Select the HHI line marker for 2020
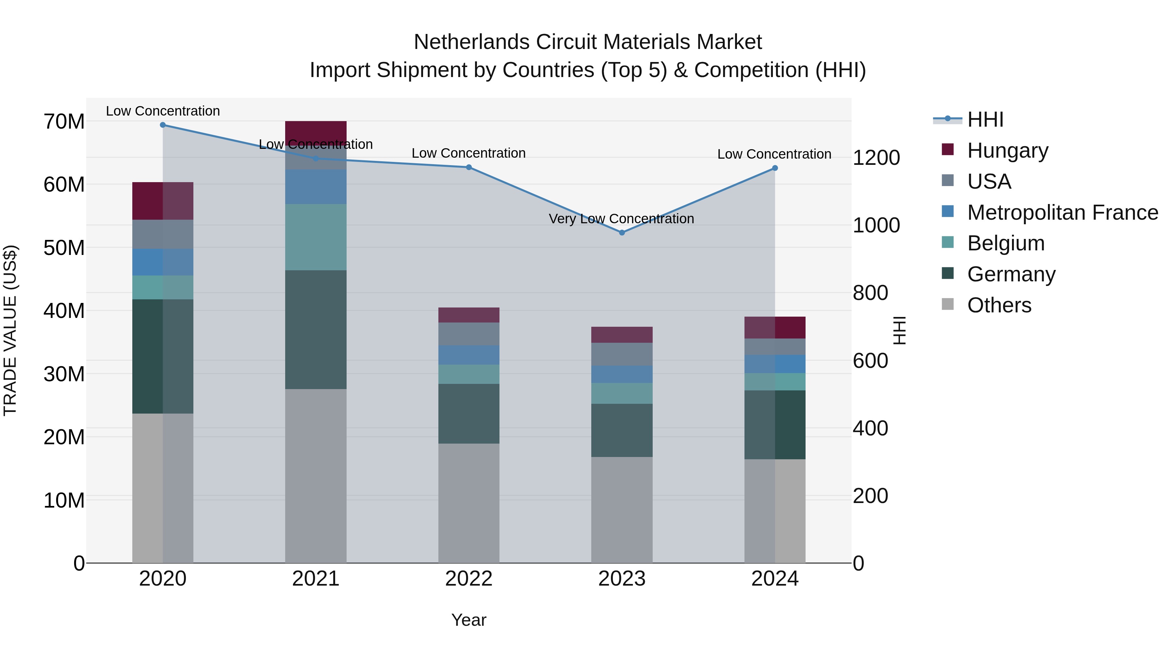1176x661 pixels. pos(163,125)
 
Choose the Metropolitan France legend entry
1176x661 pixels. pos(1062,212)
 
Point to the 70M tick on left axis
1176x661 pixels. pos(64,121)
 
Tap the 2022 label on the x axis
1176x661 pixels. pos(468,578)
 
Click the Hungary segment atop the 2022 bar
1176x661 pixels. pos(468,315)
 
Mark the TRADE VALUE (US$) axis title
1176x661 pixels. pos(10,330)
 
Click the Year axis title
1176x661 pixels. pos(468,620)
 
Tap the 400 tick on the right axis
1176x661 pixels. pos(870,428)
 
